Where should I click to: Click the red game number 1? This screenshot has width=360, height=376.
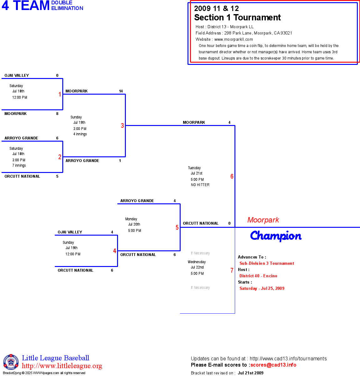click(60, 94)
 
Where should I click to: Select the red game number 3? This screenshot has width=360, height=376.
click(122, 126)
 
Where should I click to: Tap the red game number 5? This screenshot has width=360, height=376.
click(177, 227)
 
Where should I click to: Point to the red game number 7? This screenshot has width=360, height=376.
click(232, 270)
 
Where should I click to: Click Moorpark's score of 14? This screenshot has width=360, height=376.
click(121, 91)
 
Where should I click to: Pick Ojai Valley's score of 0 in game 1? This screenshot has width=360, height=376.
click(57, 76)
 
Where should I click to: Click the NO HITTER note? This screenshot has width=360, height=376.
click(200, 185)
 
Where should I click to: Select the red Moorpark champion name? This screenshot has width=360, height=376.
click(263, 220)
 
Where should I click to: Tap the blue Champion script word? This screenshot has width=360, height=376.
click(276, 236)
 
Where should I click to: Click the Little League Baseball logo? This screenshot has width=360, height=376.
click(11, 362)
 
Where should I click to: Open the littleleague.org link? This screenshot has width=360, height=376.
click(62, 366)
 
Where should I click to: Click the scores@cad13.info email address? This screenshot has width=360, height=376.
click(273, 365)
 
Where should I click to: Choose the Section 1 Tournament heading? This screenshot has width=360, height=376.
click(237, 18)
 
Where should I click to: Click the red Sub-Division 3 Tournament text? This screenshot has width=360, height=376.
click(267, 264)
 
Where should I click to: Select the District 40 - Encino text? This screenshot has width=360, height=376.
click(258, 276)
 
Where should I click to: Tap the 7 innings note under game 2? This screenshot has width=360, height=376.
click(19, 165)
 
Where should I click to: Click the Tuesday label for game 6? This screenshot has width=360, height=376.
click(194, 168)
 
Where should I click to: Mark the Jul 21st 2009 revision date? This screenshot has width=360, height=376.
click(250, 373)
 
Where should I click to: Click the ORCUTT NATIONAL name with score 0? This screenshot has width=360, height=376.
click(201, 223)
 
